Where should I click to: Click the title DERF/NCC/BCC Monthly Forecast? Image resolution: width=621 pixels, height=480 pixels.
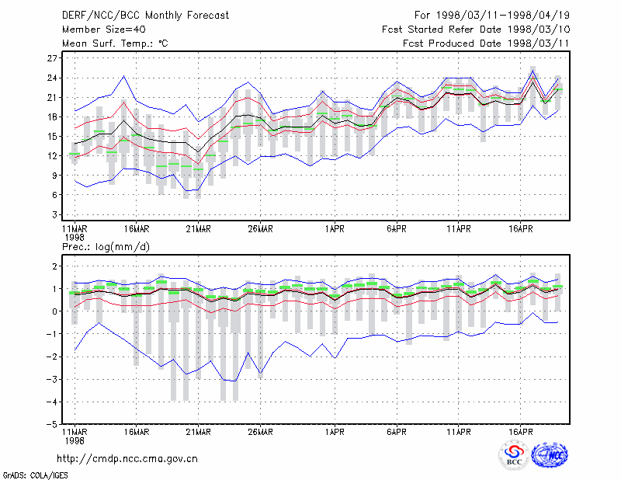click(x=145, y=16)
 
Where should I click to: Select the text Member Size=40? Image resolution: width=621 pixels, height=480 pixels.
click(x=104, y=30)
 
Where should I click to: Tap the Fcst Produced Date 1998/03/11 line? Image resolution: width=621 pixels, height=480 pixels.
click(x=486, y=43)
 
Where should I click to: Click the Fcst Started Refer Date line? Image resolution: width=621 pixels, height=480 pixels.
click(x=476, y=30)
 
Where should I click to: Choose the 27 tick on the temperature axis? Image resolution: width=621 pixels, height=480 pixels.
click(x=52, y=58)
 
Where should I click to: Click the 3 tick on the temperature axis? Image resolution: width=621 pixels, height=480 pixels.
click(x=54, y=214)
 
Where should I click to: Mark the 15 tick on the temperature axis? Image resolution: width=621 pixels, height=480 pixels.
click(x=52, y=137)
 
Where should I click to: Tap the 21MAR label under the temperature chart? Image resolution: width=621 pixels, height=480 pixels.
click(x=199, y=229)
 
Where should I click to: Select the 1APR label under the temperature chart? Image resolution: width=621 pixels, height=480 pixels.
click(x=335, y=229)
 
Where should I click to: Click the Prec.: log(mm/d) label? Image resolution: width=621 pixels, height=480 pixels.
click(x=106, y=247)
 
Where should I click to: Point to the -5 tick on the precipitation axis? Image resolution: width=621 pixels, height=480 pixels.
click(x=51, y=424)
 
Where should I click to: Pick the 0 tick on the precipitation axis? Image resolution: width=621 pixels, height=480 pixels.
click(x=54, y=311)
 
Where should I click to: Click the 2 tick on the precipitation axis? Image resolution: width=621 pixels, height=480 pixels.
click(x=54, y=266)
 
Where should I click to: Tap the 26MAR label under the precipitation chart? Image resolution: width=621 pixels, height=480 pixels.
click(x=260, y=432)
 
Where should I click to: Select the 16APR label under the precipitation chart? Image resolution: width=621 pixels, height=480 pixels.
click(x=520, y=432)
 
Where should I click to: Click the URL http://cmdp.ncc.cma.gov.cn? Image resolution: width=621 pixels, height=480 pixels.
click(x=127, y=459)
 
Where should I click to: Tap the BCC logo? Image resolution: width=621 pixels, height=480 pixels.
click(x=514, y=455)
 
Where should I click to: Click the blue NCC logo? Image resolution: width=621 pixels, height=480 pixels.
click(x=550, y=455)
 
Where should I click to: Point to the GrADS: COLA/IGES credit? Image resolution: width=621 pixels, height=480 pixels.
click(x=36, y=475)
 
